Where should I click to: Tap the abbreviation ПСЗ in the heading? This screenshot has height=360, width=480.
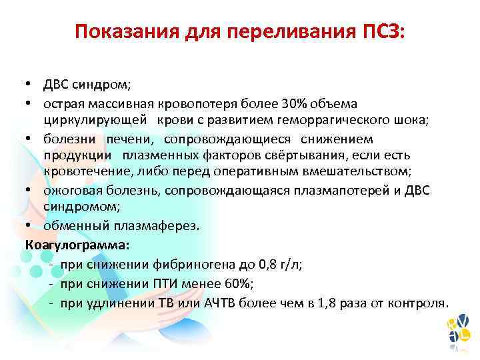coord(381,31)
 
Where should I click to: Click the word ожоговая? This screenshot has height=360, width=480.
coord(72,191)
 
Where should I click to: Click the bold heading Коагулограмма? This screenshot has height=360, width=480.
coord(77,244)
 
